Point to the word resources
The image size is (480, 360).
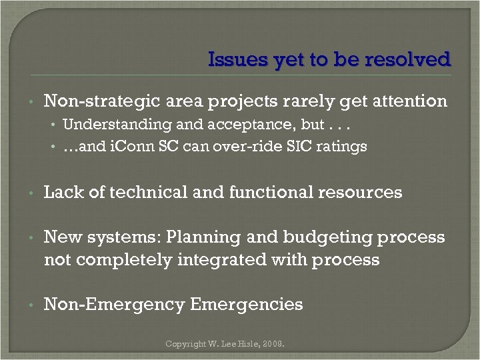point(360,193)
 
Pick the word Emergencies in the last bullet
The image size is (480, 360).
point(246,305)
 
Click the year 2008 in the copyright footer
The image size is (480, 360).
point(274,345)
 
